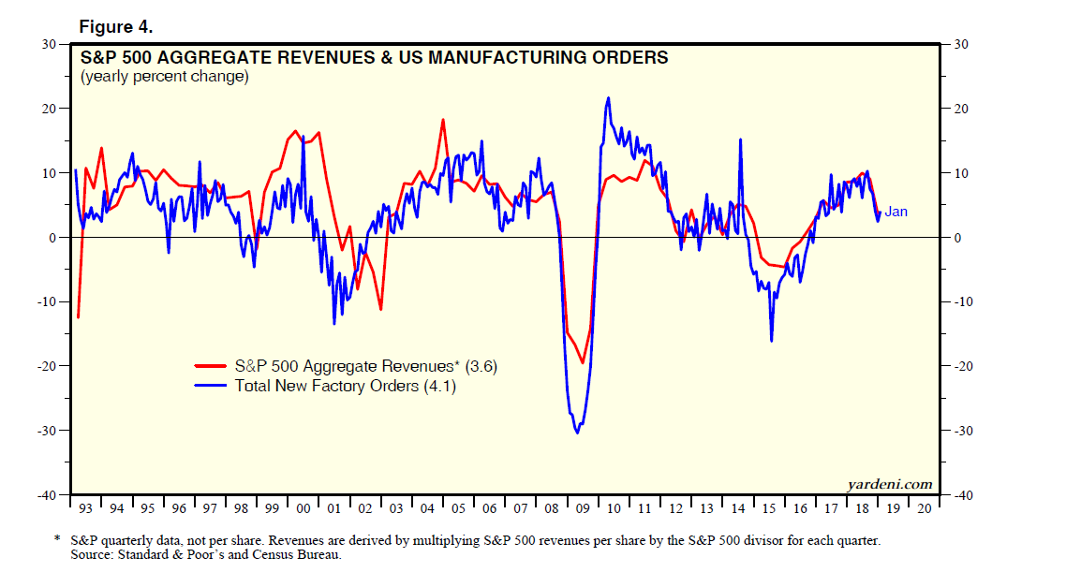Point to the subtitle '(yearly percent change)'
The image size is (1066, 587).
coord(165,77)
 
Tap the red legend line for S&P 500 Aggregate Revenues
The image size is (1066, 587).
coord(213,367)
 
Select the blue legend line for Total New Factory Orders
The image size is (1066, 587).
coord(213,386)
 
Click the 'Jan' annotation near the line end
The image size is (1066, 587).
coord(896,213)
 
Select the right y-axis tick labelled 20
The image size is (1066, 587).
coord(960,109)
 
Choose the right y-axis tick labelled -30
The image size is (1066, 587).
coord(962,431)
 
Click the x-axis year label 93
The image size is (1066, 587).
coord(84,508)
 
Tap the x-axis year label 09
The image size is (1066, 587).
coord(583,508)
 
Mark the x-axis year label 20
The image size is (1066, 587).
coord(925,508)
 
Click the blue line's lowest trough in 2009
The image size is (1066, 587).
coord(577,433)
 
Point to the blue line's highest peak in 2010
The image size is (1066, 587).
coord(609,97)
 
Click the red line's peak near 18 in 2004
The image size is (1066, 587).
coord(443,120)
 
